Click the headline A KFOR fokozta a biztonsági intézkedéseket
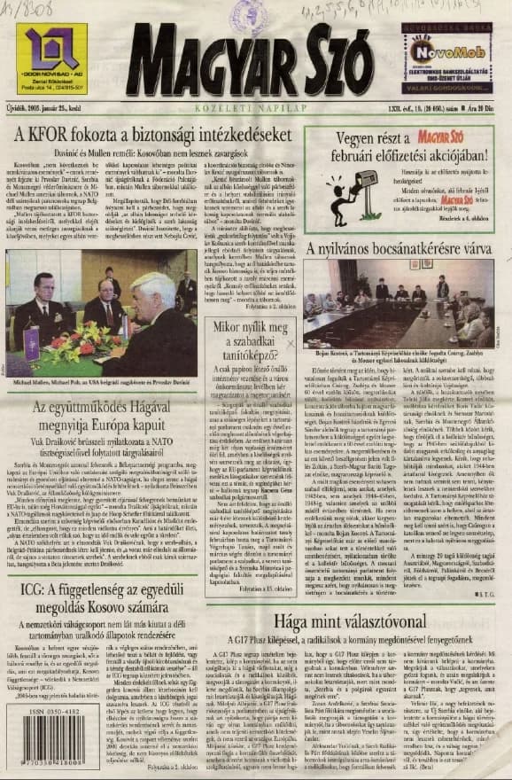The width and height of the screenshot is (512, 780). point(153,136)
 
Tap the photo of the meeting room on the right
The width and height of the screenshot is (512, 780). point(394,302)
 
